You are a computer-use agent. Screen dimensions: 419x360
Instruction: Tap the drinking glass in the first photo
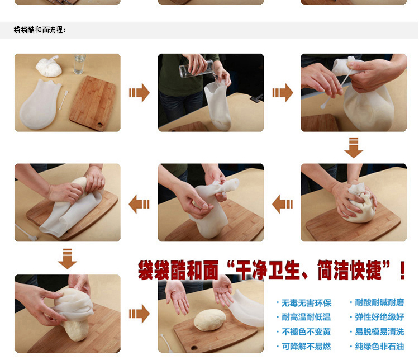(x=80, y=64)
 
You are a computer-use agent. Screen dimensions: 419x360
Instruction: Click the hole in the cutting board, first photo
(x=100, y=125)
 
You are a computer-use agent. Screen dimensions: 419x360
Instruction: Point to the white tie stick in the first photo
(x=63, y=100)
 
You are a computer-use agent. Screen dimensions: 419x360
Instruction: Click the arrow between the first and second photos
(x=139, y=93)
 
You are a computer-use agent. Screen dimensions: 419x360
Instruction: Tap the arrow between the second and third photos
(x=283, y=93)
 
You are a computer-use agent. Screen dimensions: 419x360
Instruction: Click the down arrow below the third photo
(x=354, y=148)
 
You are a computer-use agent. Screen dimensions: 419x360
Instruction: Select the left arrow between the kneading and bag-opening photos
(x=283, y=204)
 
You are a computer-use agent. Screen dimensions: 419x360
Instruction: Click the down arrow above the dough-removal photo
(x=68, y=259)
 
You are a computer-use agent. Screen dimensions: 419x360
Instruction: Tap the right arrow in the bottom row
(x=139, y=314)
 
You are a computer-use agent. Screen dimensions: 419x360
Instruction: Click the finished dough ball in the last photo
(x=209, y=320)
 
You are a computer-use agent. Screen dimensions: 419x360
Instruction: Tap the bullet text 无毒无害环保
(x=306, y=303)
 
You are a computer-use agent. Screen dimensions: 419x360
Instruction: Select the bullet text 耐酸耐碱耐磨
(x=379, y=302)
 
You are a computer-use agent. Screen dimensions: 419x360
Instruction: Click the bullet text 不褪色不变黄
(x=306, y=332)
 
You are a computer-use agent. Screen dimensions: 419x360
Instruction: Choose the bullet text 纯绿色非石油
(x=379, y=347)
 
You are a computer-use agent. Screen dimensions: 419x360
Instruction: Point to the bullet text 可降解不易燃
(x=306, y=347)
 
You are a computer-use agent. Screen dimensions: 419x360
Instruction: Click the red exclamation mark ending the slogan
(x=403, y=271)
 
